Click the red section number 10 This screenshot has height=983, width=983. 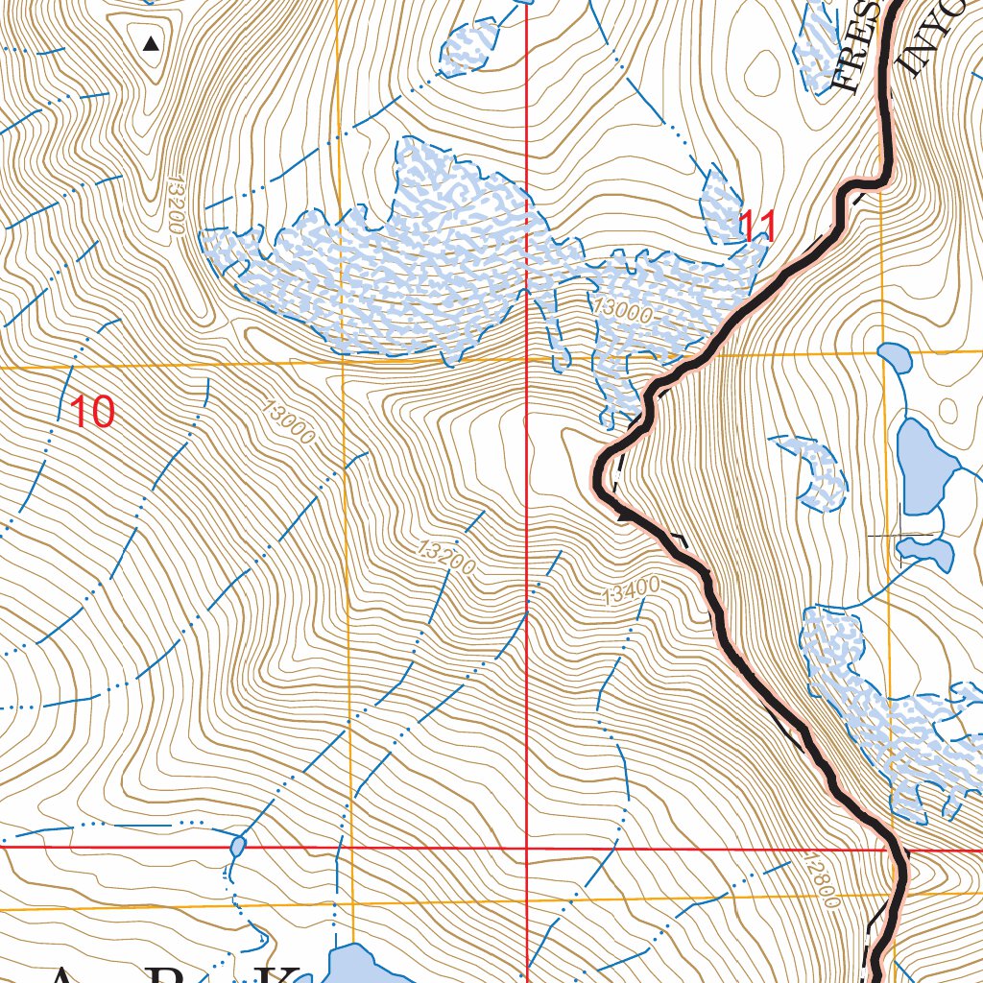[93, 412]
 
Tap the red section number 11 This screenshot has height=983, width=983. [756, 228]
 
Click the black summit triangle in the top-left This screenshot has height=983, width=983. [151, 43]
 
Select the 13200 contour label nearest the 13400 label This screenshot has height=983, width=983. [446, 558]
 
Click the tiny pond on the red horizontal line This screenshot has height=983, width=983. [237, 847]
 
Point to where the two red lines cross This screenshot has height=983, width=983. [527, 849]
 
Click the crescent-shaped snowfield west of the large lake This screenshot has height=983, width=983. [816, 470]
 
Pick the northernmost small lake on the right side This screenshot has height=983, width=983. [896, 357]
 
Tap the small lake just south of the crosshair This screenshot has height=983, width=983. [927, 551]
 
